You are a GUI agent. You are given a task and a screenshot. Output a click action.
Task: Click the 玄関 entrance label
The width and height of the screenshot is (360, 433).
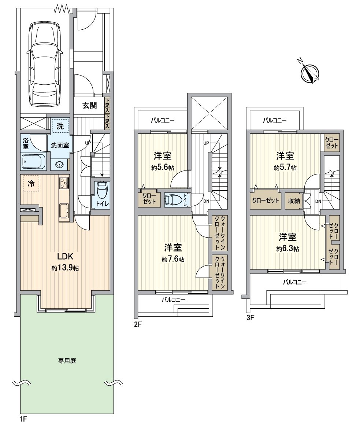pyautogui.click(x=90, y=105)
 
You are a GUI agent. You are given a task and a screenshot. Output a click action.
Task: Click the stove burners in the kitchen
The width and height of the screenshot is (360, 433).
pyautogui.click(x=64, y=183)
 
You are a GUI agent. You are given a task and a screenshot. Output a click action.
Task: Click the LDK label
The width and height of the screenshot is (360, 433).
pyautogui.click(x=65, y=256)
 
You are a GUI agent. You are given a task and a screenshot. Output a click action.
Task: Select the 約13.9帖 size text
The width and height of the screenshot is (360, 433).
pyautogui.click(x=65, y=268)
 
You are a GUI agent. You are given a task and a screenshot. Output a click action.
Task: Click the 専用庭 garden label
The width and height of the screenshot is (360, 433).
pyautogui.click(x=67, y=361)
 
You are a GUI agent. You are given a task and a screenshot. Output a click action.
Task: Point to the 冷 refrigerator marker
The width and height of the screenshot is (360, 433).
pyautogui.click(x=31, y=183)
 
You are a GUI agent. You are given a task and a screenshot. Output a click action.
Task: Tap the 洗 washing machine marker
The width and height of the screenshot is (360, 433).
pyautogui.click(x=60, y=126)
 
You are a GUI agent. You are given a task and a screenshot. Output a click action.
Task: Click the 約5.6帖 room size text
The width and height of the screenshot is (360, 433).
pyautogui.click(x=163, y=168)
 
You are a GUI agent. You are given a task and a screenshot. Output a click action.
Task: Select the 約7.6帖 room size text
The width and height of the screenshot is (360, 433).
pyautogui.click(x=173, y=259)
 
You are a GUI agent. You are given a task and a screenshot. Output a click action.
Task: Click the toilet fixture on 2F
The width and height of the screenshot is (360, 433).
pyautogui.click(x=173, y=200)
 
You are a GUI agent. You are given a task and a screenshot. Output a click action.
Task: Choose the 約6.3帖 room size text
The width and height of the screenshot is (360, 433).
pyautogui.click(x=288, y=249)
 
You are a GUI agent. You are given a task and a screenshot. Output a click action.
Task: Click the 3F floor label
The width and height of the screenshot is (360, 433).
pyautogui.click(x=250, y=318)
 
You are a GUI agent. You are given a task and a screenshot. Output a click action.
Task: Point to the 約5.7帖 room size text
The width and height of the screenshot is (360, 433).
pyautogui.click(x=285, y=168)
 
